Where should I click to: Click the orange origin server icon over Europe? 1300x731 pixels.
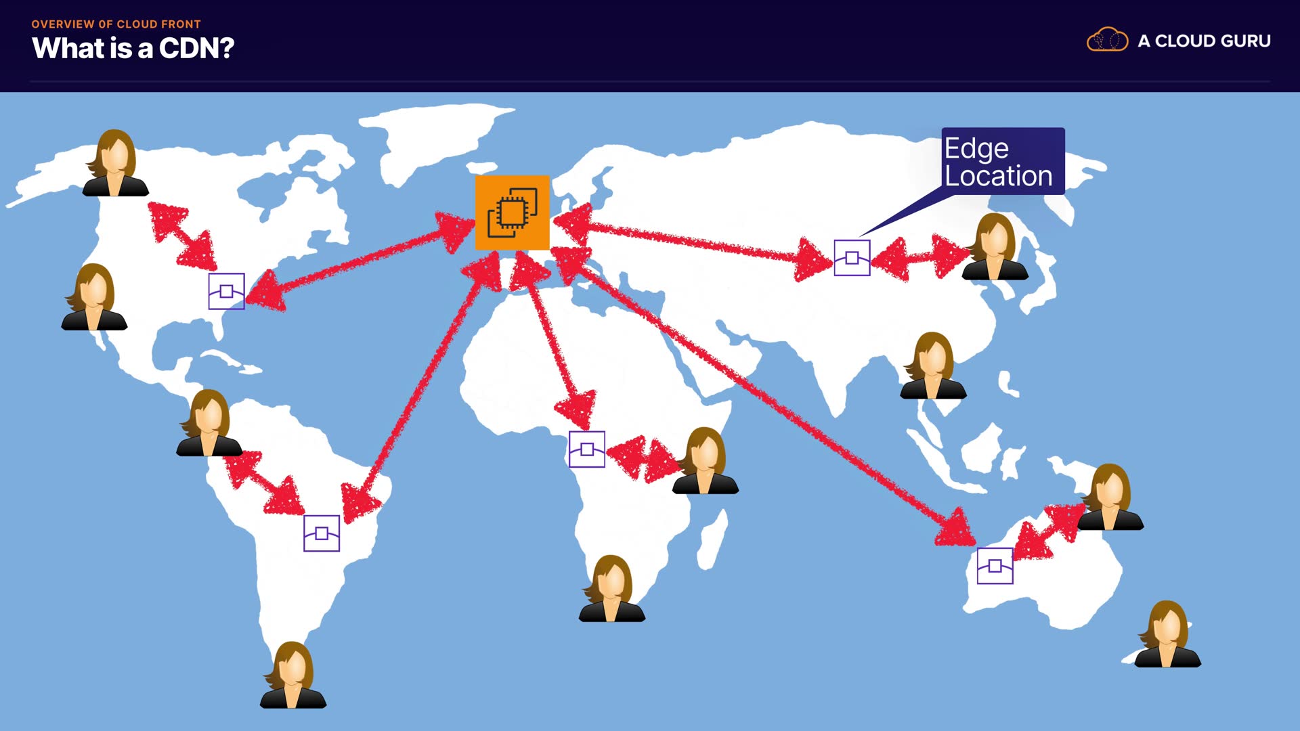pos(512,213)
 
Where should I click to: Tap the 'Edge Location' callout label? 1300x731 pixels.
pos(1002,161)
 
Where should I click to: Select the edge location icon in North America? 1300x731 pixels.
pos(226,291)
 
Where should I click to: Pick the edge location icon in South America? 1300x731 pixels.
pos(322,533)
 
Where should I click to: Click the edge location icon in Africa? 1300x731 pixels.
pos(587,449)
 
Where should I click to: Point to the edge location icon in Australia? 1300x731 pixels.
pos(995,566)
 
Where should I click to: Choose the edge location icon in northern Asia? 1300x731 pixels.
pos(852,258)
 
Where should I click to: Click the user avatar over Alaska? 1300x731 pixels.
pos(115,164)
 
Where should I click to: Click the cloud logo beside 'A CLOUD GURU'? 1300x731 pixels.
pos(1107,40)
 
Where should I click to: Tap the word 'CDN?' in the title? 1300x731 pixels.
pos(196,49)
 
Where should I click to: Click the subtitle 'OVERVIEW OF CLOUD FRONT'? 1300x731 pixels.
pos(116,24)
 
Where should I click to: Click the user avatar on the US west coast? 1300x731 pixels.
pos(94,298)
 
